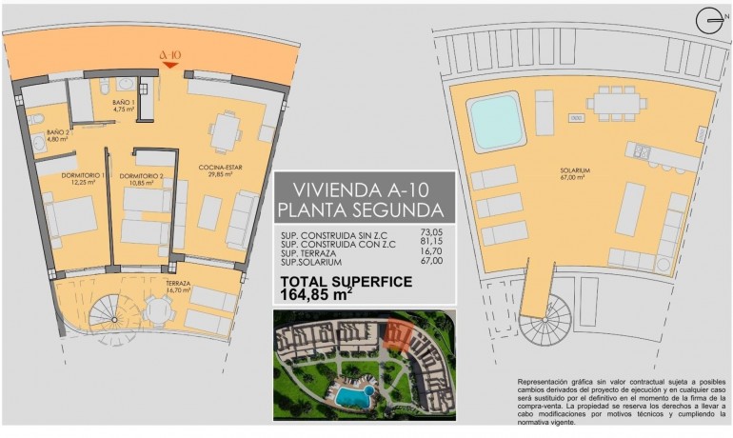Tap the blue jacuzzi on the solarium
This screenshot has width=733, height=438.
tap(496, 121)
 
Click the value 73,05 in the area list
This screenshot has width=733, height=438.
tap(432, 231)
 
